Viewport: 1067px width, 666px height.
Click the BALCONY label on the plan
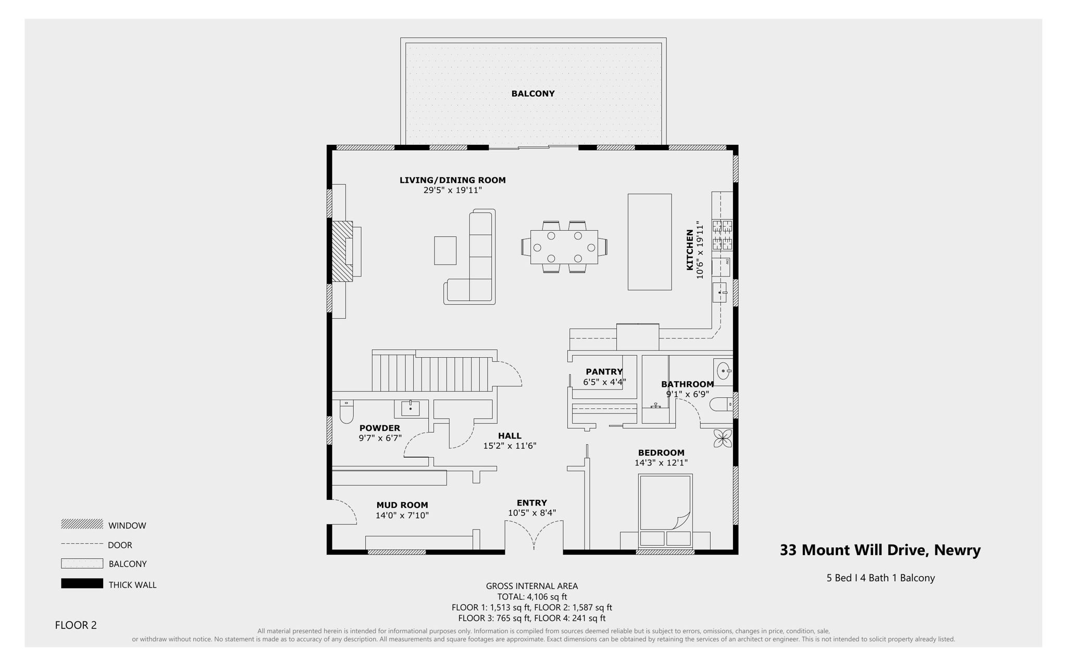point(532,94)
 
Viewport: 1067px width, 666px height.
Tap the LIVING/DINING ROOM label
point(452,180)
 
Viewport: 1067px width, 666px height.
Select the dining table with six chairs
point(564,247)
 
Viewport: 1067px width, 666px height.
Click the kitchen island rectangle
point(649,242)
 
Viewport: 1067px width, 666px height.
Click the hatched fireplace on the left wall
point(342,252)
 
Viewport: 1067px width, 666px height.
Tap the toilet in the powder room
point(346,412)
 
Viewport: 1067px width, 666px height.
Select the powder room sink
point(411,408)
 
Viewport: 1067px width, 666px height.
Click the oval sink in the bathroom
point(723,371)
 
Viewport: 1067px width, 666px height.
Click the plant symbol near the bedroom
point(723,438)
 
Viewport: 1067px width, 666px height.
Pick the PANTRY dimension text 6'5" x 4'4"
point(604,382)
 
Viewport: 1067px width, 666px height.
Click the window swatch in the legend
point(82,524)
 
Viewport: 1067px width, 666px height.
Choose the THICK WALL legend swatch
point(82,584)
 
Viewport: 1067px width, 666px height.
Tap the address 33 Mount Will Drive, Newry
point(880,550)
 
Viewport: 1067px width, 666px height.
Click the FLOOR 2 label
point(76,625)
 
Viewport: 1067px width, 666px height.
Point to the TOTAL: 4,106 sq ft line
point(532,597)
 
